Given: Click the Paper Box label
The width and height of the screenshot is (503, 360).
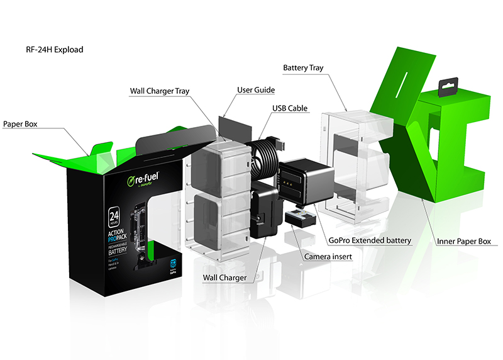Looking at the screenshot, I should pyautogui.click(x=20, y=125).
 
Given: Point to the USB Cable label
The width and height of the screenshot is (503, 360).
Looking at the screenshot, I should pyautogui.click(x=290, y=108).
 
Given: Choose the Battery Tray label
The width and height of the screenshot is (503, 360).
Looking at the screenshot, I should pyautogui.click(x=303, y=67).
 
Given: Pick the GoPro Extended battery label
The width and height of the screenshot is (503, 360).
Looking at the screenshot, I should pyautogui.click(x=370, y=240).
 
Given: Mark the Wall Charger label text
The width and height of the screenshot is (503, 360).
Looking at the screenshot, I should pyautogui.click(x=224, y=277).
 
